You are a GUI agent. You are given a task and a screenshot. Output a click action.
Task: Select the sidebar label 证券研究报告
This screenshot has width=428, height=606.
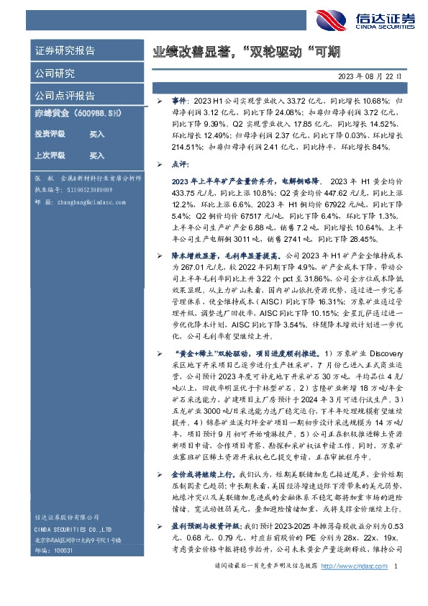click(65, 51)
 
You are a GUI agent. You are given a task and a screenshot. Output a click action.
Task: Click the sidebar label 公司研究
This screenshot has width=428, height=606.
click(55, 73)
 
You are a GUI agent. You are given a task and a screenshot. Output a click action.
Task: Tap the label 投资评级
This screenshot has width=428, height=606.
click(49, 134)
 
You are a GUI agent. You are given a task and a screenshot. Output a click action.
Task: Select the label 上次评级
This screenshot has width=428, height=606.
click(49, 155)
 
